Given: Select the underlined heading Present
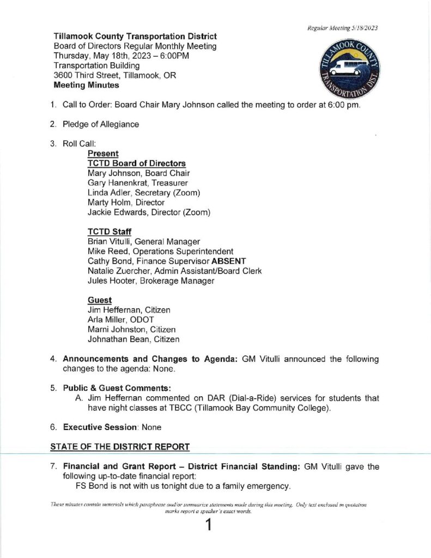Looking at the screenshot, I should pos(103,154).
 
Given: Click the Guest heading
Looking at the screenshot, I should pos(100,300).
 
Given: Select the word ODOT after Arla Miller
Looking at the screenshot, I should pos(142,320).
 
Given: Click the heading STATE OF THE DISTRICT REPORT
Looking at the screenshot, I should pos(120,447).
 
